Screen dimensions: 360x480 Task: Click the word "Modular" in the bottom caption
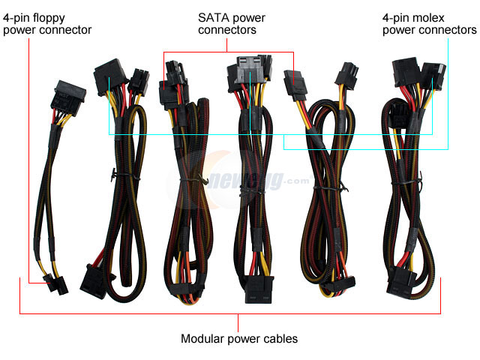pyautogui.click(x=200, y=339)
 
